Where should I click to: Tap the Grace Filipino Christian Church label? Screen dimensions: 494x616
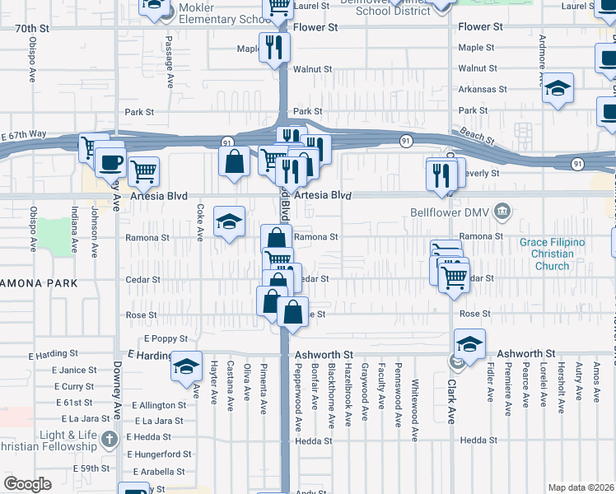click(x=552, y=254)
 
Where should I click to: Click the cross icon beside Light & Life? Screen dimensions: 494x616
click(x=110, y=440)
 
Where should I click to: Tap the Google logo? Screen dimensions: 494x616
click(x=27, y=483)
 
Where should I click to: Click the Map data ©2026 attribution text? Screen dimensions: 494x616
click(x=581, y=487)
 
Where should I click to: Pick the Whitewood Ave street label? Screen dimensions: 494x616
click(x=415, y=403)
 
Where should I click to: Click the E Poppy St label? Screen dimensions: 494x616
click(x=166, y=338)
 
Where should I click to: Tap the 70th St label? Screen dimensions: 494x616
click(x=32, y=27)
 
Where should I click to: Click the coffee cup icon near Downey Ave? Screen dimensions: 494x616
click(x=110, y=162)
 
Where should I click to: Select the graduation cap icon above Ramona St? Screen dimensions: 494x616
click(x=230, y=221)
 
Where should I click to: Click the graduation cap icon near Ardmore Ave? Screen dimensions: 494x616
click(x=558, y=87)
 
